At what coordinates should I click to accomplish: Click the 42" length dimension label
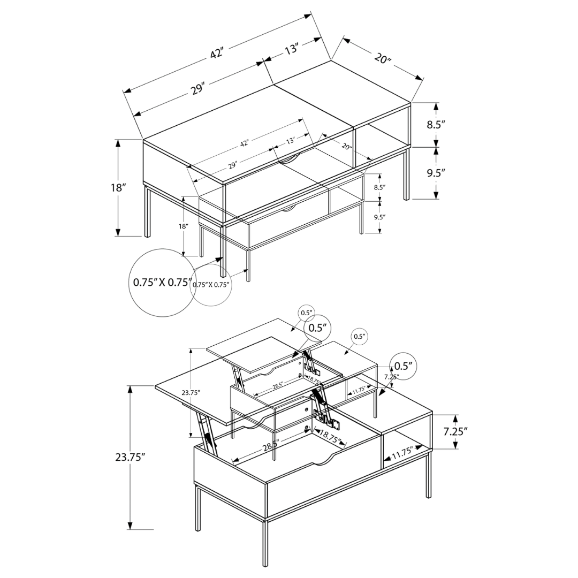point(244,143)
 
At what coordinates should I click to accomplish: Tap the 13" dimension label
point(291,141)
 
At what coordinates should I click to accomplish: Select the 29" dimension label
point(232,165)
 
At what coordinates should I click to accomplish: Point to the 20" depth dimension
point(347,147)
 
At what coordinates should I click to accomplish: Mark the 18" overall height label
point(184,226)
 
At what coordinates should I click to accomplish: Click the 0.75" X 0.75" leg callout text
point(211,285)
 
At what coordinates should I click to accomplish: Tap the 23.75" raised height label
point(191,392)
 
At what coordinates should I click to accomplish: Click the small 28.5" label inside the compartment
point(277,385)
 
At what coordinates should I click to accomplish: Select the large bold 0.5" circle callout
point(316,328)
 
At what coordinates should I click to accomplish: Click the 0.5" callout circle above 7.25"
point(359,337)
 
